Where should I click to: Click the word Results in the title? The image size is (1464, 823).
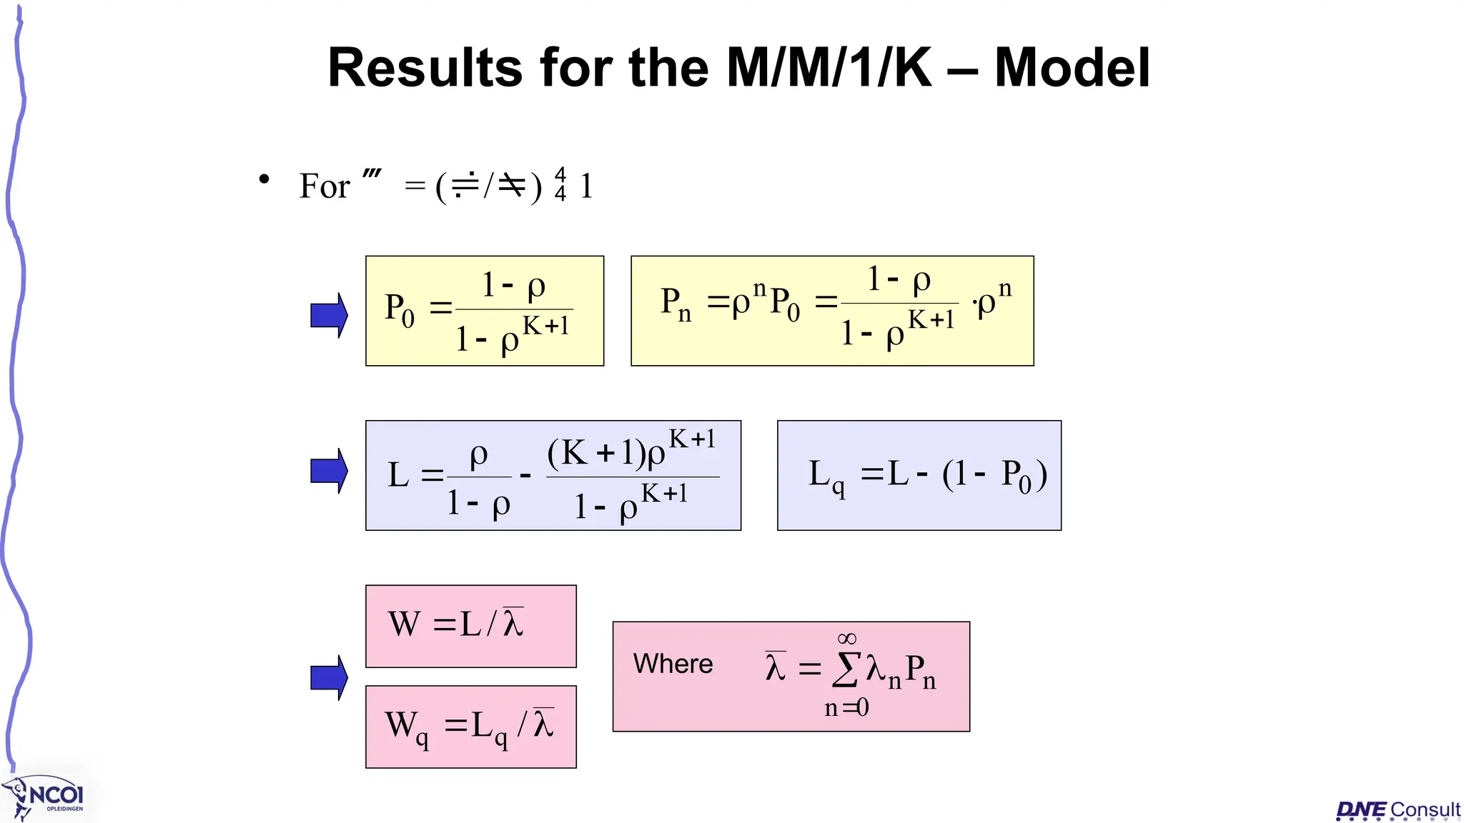[x=425, y=68]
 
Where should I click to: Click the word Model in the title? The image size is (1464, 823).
[x=1072, y=68]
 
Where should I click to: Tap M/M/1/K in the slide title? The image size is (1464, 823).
[x=829, y=68]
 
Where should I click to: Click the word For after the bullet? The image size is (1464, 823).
[x=325, y=186]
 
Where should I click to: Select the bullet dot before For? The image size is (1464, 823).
[x=264, y=179]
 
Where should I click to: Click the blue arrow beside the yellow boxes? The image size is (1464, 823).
[x=329, y=314]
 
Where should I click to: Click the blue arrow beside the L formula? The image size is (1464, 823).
[x=329, y=471]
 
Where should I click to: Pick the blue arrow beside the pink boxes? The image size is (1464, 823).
[x=329, y=677]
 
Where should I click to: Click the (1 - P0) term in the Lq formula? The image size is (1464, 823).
[x=994, y=475]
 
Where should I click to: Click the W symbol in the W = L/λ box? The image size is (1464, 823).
[x=404, y=624]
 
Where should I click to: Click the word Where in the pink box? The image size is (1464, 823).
[x=673, y=664]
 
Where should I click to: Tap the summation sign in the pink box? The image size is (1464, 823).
[x=846, y=670]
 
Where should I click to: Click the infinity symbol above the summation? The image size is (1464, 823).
[x=846, y=638]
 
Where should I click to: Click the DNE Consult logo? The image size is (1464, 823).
[x=1398, y=810]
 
